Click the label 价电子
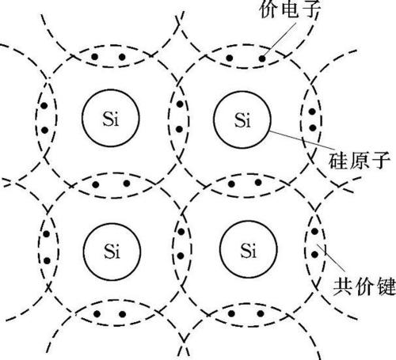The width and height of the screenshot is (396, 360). tap(290, 9)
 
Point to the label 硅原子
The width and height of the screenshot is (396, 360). tap(359, 161)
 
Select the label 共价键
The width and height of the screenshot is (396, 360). tap(364, 286)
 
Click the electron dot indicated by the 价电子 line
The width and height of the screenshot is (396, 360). tap(262, 59)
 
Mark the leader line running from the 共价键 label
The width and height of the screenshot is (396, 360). tap(331, 258)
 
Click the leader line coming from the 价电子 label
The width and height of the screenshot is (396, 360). tap(280, 40)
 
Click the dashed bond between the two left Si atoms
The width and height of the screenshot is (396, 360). tap(112, 173)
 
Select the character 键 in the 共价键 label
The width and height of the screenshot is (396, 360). tap(386, 286)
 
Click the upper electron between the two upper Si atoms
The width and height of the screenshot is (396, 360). tap(180, 104)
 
